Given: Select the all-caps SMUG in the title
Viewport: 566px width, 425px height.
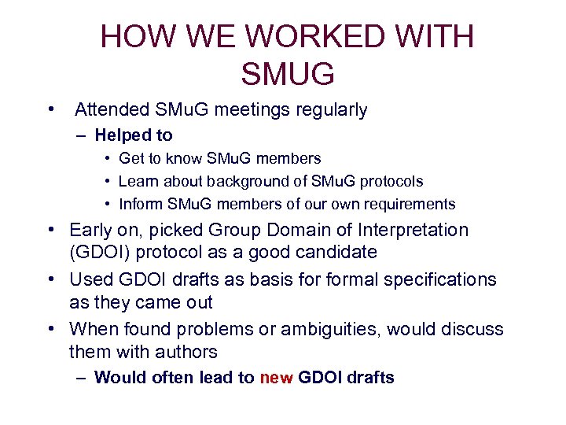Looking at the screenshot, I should point(288,75).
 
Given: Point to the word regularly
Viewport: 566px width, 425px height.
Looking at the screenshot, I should point(330,110).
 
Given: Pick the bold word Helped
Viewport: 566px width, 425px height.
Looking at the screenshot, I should point(123,135).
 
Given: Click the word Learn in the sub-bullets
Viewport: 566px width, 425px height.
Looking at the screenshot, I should point(138,181).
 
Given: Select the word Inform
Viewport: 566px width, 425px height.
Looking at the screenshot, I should point(138,204).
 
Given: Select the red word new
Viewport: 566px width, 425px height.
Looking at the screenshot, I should point(276,378).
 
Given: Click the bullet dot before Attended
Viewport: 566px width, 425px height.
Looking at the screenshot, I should point(50,109).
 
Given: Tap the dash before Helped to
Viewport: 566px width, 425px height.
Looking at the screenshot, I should point(83,135).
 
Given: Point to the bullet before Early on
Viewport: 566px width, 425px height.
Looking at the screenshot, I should point(50,230).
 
